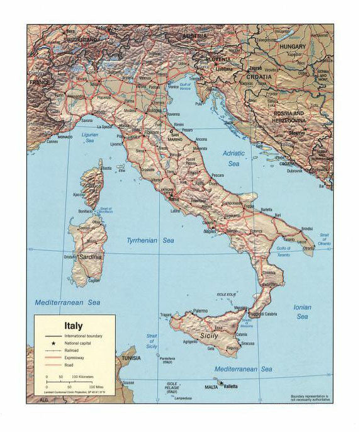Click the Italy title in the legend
pyautogui.click(x=73, y=326)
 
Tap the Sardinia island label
pyautogui.click(x=90, y=257)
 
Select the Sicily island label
pyautogui.click(x=208, y=336)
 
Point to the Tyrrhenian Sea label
pyautogui.click(x=150, y=241)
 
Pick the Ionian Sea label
pyautogui.click(x=302, y=312)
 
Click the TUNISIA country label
pyautogui.click(x=131, y=358)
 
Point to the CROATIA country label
pyautogui.click(x=259, y=76)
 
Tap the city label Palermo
pyautogui.click(x=200, y=311)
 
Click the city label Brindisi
pyautogui.click(x=307, y=228)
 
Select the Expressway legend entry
pyautogui.click(x=74, y=357)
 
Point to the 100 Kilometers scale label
pyautogui.click(x=82, y=377)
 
